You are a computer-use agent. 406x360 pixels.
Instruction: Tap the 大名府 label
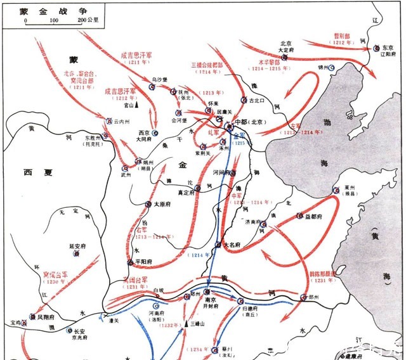click(x=233, y=245)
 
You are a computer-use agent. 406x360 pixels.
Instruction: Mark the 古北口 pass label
click(x=254, y=100)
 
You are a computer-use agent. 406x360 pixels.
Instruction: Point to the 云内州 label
click(x=122, y=120)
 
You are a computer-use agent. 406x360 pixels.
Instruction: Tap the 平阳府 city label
click(x=142, y=262)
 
